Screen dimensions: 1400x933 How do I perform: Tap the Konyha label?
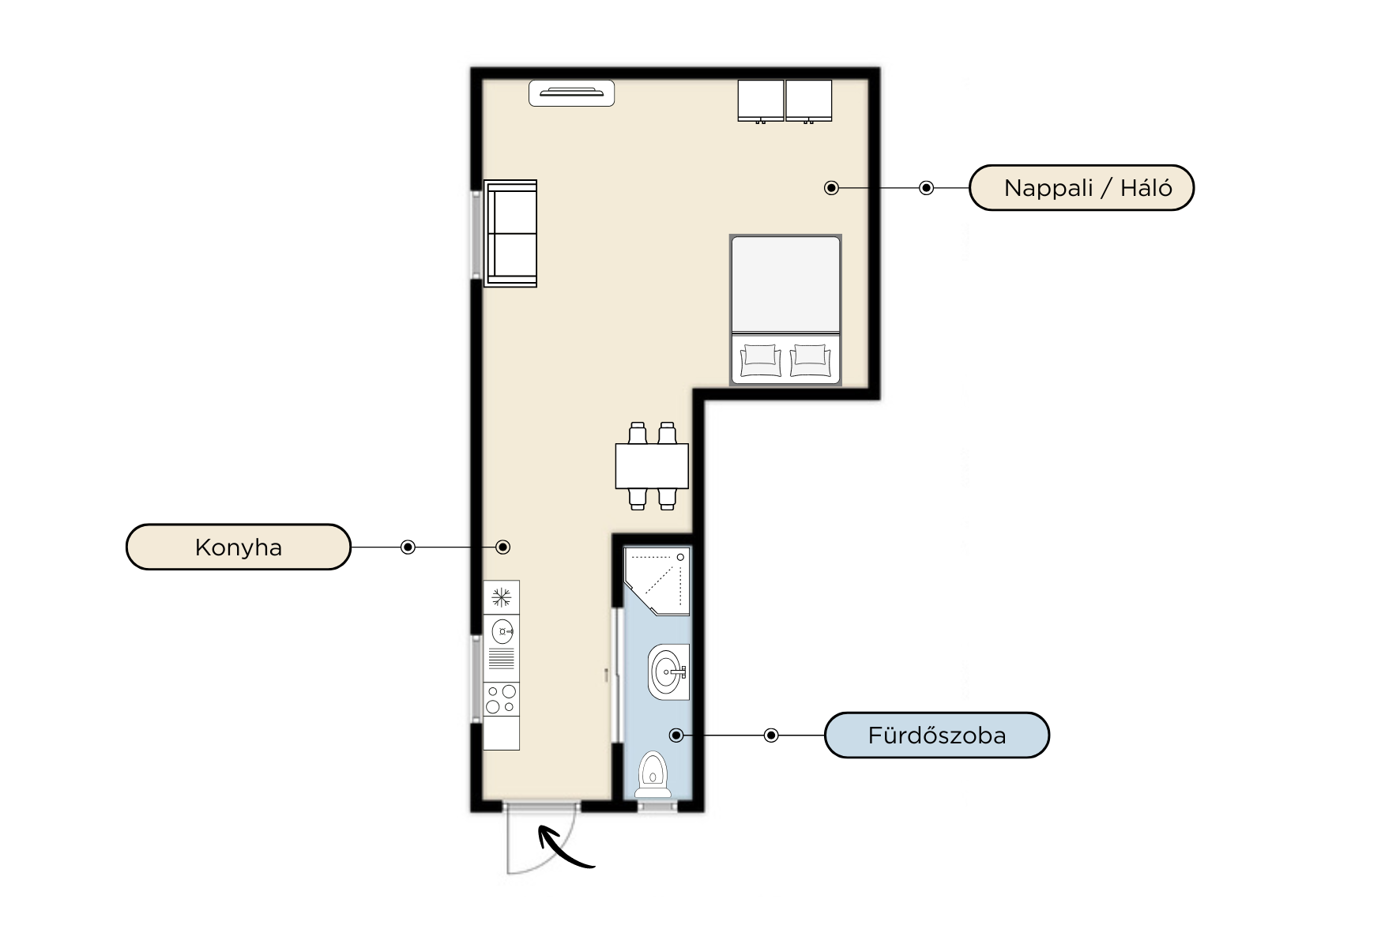(x=238, y=547)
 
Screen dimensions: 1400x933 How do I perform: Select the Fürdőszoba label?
(x=937, y=735)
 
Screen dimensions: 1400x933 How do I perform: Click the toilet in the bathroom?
(x=653, y=774)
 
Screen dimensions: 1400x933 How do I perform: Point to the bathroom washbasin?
(x=668, y=672)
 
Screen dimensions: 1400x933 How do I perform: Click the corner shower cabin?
(x=657, y=581)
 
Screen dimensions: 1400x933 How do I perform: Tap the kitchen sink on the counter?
(x=502, y=631)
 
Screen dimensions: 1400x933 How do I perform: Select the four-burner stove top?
(x=501, y=700)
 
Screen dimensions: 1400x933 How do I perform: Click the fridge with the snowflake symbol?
(x=501, y=597)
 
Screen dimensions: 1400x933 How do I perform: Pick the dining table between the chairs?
(x=652, y=466)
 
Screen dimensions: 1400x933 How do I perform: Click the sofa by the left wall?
(x=510, y=234)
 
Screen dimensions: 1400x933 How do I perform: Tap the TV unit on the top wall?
(x=571, y=93)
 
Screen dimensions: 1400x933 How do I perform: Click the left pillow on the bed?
(x=761, y=360)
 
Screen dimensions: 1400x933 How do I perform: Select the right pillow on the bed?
(x=811, y=360)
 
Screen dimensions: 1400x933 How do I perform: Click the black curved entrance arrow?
(x=564, y=847)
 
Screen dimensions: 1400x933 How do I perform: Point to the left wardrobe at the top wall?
(x=761, y=100)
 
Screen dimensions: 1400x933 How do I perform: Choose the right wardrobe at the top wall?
(x=809, y=100)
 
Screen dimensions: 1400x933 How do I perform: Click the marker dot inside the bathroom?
(x=676, y=735)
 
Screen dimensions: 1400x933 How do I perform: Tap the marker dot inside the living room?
(x=831, y=188)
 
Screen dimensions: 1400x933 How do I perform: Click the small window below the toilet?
(x=657, y=806)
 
